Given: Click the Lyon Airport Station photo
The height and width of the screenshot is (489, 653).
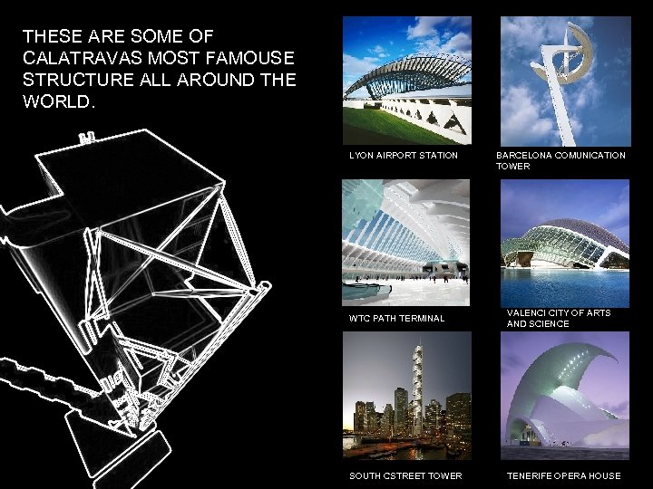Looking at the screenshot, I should tap(407, 81).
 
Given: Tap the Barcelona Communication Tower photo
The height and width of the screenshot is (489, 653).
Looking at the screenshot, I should tap(565, 81).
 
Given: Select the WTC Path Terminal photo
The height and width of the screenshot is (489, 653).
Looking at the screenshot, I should tap(407, 242).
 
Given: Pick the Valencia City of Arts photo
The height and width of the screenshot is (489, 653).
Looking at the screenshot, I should tap(565, 242).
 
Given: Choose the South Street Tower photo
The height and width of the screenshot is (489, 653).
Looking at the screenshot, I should tap(407, 396).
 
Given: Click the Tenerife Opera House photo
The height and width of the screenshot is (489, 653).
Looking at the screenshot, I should tap(565, 396).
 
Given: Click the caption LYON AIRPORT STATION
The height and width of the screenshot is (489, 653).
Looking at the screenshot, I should tap(404, 156).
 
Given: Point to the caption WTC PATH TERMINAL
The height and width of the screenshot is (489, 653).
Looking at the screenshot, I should tap(397, 319).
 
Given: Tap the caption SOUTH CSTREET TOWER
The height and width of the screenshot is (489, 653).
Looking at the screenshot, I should tap(405, 476).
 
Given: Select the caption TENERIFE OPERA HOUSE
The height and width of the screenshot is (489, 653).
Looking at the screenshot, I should tap(564, 476).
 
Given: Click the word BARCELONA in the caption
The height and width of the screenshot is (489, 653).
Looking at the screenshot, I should tap(522, 156).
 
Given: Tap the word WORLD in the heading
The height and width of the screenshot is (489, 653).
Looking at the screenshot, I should tap(56, 101).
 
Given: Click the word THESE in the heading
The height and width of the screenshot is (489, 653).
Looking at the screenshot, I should tap(51, 36).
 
